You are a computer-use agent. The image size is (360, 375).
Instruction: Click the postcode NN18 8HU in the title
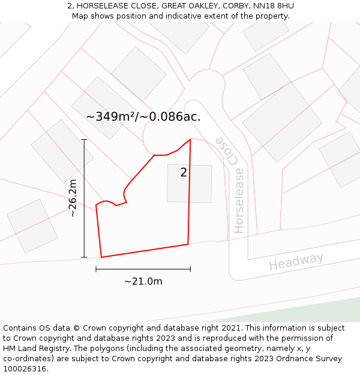(x=274, y=6)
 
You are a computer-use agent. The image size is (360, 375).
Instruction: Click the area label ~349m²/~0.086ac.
(x=143, y=117)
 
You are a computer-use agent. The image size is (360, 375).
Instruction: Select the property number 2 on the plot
(x=184, y=173)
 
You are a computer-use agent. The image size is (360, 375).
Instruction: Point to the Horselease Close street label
(x=232, y=183)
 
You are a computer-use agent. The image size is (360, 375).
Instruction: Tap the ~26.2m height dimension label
(x=73, y=198)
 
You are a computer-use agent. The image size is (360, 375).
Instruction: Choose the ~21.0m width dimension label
(x=143, y=281)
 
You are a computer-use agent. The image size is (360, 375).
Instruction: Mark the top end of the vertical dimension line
(x=84, y=140)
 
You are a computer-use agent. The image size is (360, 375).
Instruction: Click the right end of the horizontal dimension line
(x=190, y=269)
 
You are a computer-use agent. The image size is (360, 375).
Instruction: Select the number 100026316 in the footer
(x=25, y=369)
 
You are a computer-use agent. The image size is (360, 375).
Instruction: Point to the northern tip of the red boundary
(x=190, y=139)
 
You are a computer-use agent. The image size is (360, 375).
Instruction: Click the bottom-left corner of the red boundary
(x=101, y=257)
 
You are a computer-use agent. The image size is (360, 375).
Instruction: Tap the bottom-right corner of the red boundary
(x=188, y=244)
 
